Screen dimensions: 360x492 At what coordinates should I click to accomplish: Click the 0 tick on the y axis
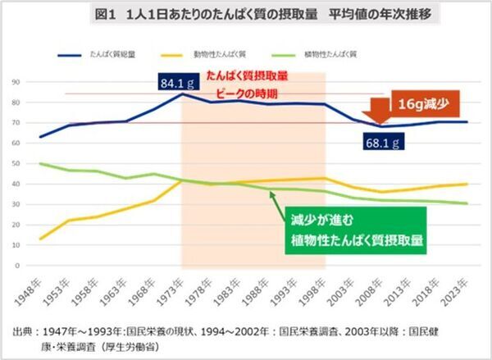point(17,266)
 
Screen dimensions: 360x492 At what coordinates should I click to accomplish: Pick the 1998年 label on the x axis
point(316,288)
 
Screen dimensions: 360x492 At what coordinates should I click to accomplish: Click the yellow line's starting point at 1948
point(41,239)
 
